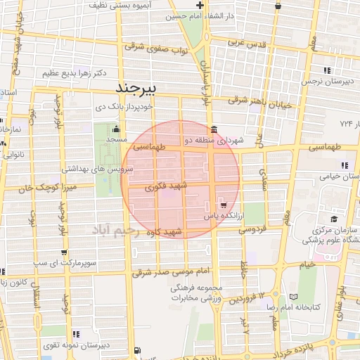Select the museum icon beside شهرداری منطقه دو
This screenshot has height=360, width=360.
(x=213, y=129)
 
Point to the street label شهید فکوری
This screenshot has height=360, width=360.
(x=165, y=188)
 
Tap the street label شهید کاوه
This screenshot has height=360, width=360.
(x=163, y=231)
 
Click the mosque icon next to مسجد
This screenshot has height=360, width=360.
(x=116, y=129)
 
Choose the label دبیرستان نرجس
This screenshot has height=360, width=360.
(x=326, y=82)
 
